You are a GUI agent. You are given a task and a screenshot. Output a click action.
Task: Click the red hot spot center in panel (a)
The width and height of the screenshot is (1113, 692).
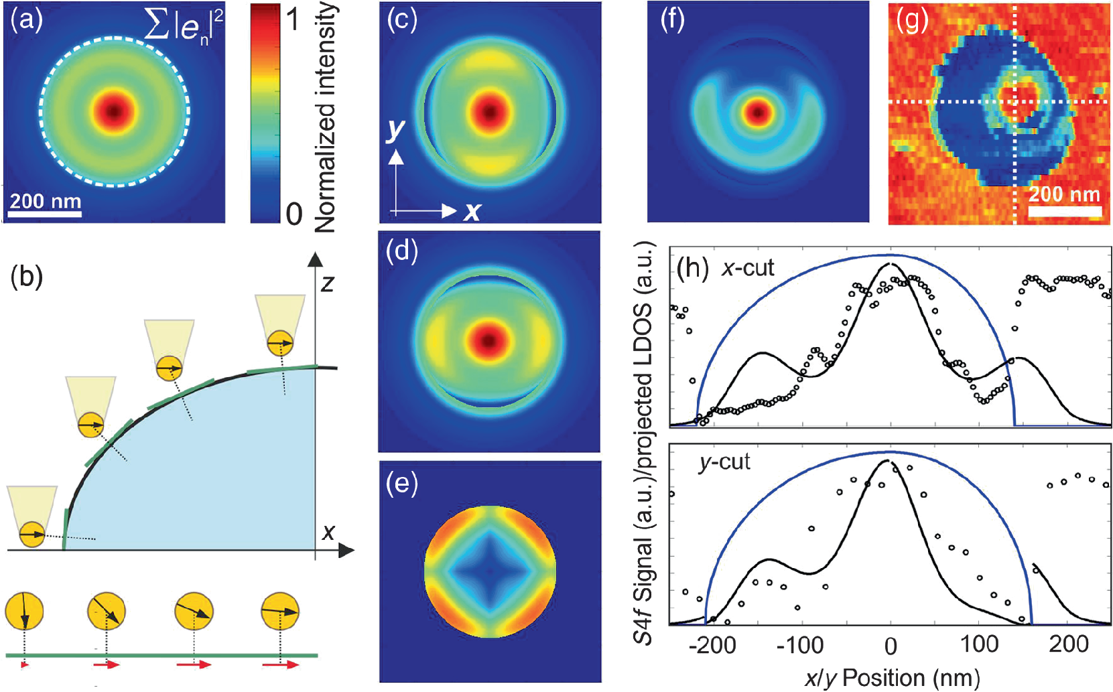coord(115,111)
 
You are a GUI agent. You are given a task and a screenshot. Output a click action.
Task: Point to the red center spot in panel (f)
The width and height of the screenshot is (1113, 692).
coord(758,113)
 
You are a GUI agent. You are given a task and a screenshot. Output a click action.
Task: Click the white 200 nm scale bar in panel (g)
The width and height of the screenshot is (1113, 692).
coord(1064,211)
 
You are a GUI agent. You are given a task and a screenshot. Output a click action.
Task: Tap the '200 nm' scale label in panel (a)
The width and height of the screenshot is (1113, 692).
coord(45,201)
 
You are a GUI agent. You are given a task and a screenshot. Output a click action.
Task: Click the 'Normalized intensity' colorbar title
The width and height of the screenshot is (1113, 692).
coord(326,118)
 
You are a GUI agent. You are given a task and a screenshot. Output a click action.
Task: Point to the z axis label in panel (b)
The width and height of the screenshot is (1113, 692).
coord(327,283)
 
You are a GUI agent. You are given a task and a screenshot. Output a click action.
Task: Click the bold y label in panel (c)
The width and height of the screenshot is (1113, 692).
coord(396,130)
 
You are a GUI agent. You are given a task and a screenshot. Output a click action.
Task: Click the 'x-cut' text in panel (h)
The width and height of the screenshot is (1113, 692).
coord(748,268)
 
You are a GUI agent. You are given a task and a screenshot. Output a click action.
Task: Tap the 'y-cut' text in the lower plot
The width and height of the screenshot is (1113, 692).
coord(724,463)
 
